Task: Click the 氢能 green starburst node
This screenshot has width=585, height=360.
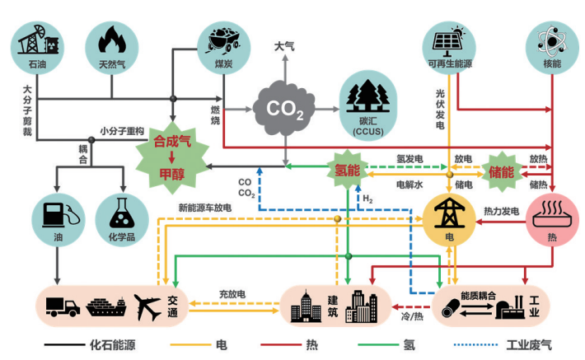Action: [x=349, y=171]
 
